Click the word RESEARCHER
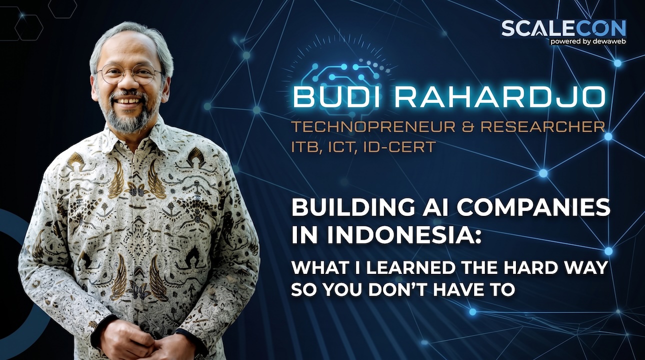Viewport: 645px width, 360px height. pos(542,127)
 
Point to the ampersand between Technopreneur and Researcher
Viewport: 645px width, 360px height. pos(468,127)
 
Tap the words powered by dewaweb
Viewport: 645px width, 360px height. pos(588,41)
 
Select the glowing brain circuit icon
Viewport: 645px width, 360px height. pos(345,75)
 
